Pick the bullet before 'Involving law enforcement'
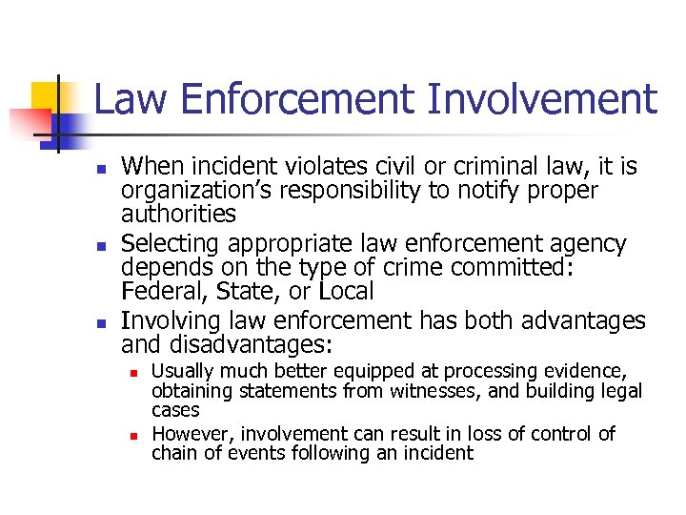[x=101, y=322]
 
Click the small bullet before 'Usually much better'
[x=135, y=371]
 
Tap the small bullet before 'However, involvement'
[x=135, y=435]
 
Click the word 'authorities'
[x=178, y=214]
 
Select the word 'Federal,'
[x=159, y=292]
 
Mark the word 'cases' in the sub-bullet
[x=175, y=411]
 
